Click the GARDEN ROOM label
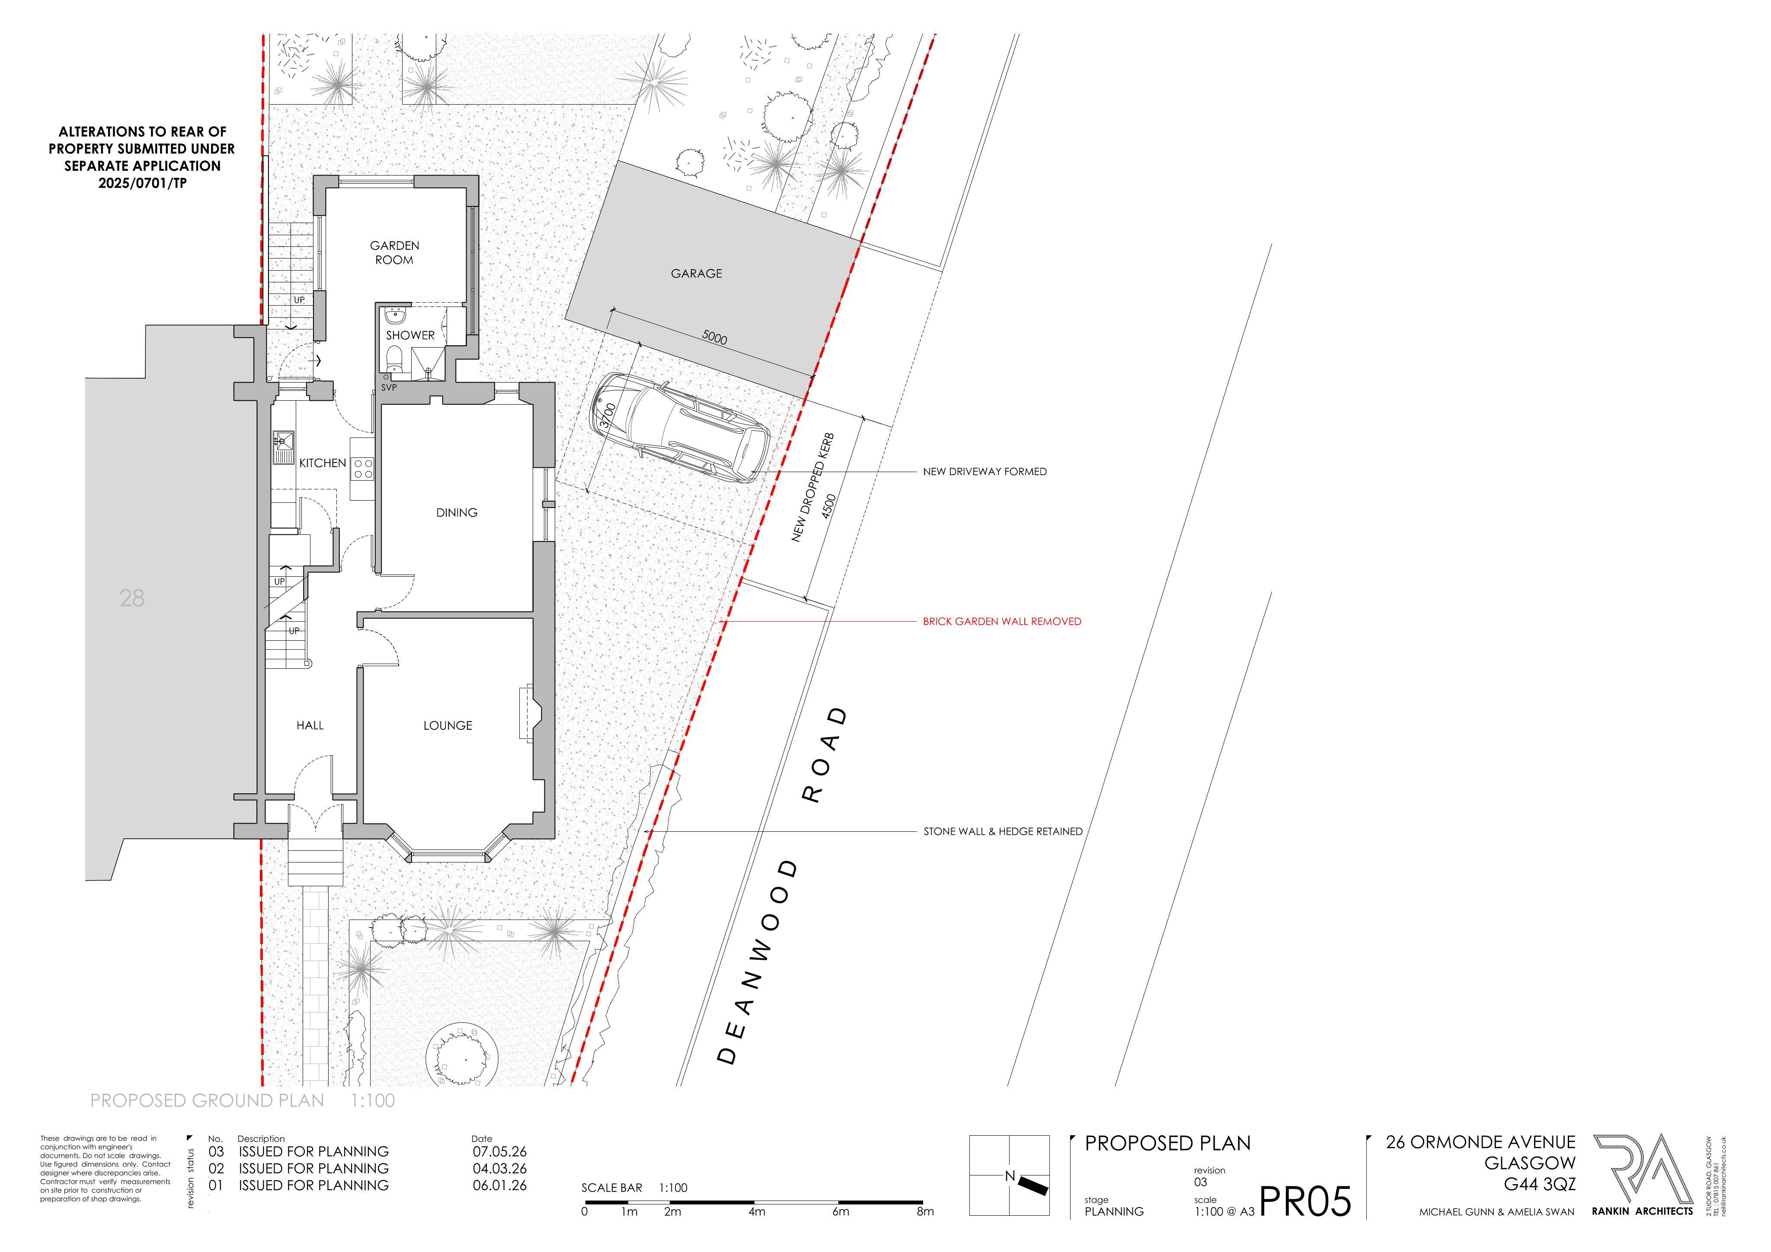pos(394,252)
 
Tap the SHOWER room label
pos(410,335)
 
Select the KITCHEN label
pos(323,463)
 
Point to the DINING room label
pos(457,512)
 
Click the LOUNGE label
pos(448,725)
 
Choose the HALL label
pos(310,725)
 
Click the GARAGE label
pos(697,273)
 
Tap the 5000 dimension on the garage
pos(714,337)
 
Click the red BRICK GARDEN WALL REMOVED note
pos(1002,621)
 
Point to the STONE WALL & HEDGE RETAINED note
pos(1003,832)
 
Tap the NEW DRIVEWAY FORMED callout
pos(985,471)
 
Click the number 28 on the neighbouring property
pos(132,598)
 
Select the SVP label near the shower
pos(389,387)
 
